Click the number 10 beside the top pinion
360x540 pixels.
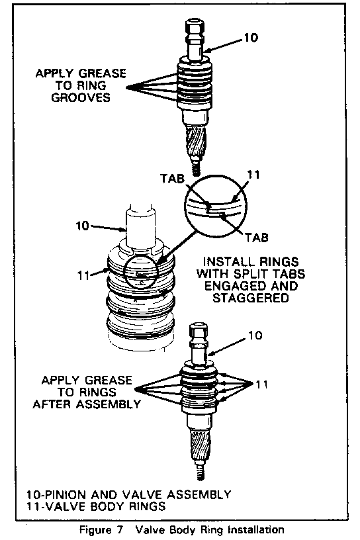(x=251, y=37)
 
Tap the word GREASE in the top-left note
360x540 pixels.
(x=103, y=73)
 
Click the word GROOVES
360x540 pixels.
(x=81, y=97)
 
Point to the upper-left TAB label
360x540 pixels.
(x=172, y=179)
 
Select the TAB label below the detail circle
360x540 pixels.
(x=256, y=238)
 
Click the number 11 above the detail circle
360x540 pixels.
(x=253, y=175)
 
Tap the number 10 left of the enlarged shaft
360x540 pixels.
(x=82, y=226)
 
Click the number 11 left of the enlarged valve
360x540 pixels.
(x=83, y=275)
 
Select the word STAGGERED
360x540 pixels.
(x=250, y=298)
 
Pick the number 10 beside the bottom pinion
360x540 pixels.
(x=255, y=335)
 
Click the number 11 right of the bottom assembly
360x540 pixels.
(x=262, y=384)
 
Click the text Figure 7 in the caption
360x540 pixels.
(x=101, y=529)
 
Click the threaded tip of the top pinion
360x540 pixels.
(x=196, y=168)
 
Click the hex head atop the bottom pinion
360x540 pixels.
(x=199, y=331)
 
